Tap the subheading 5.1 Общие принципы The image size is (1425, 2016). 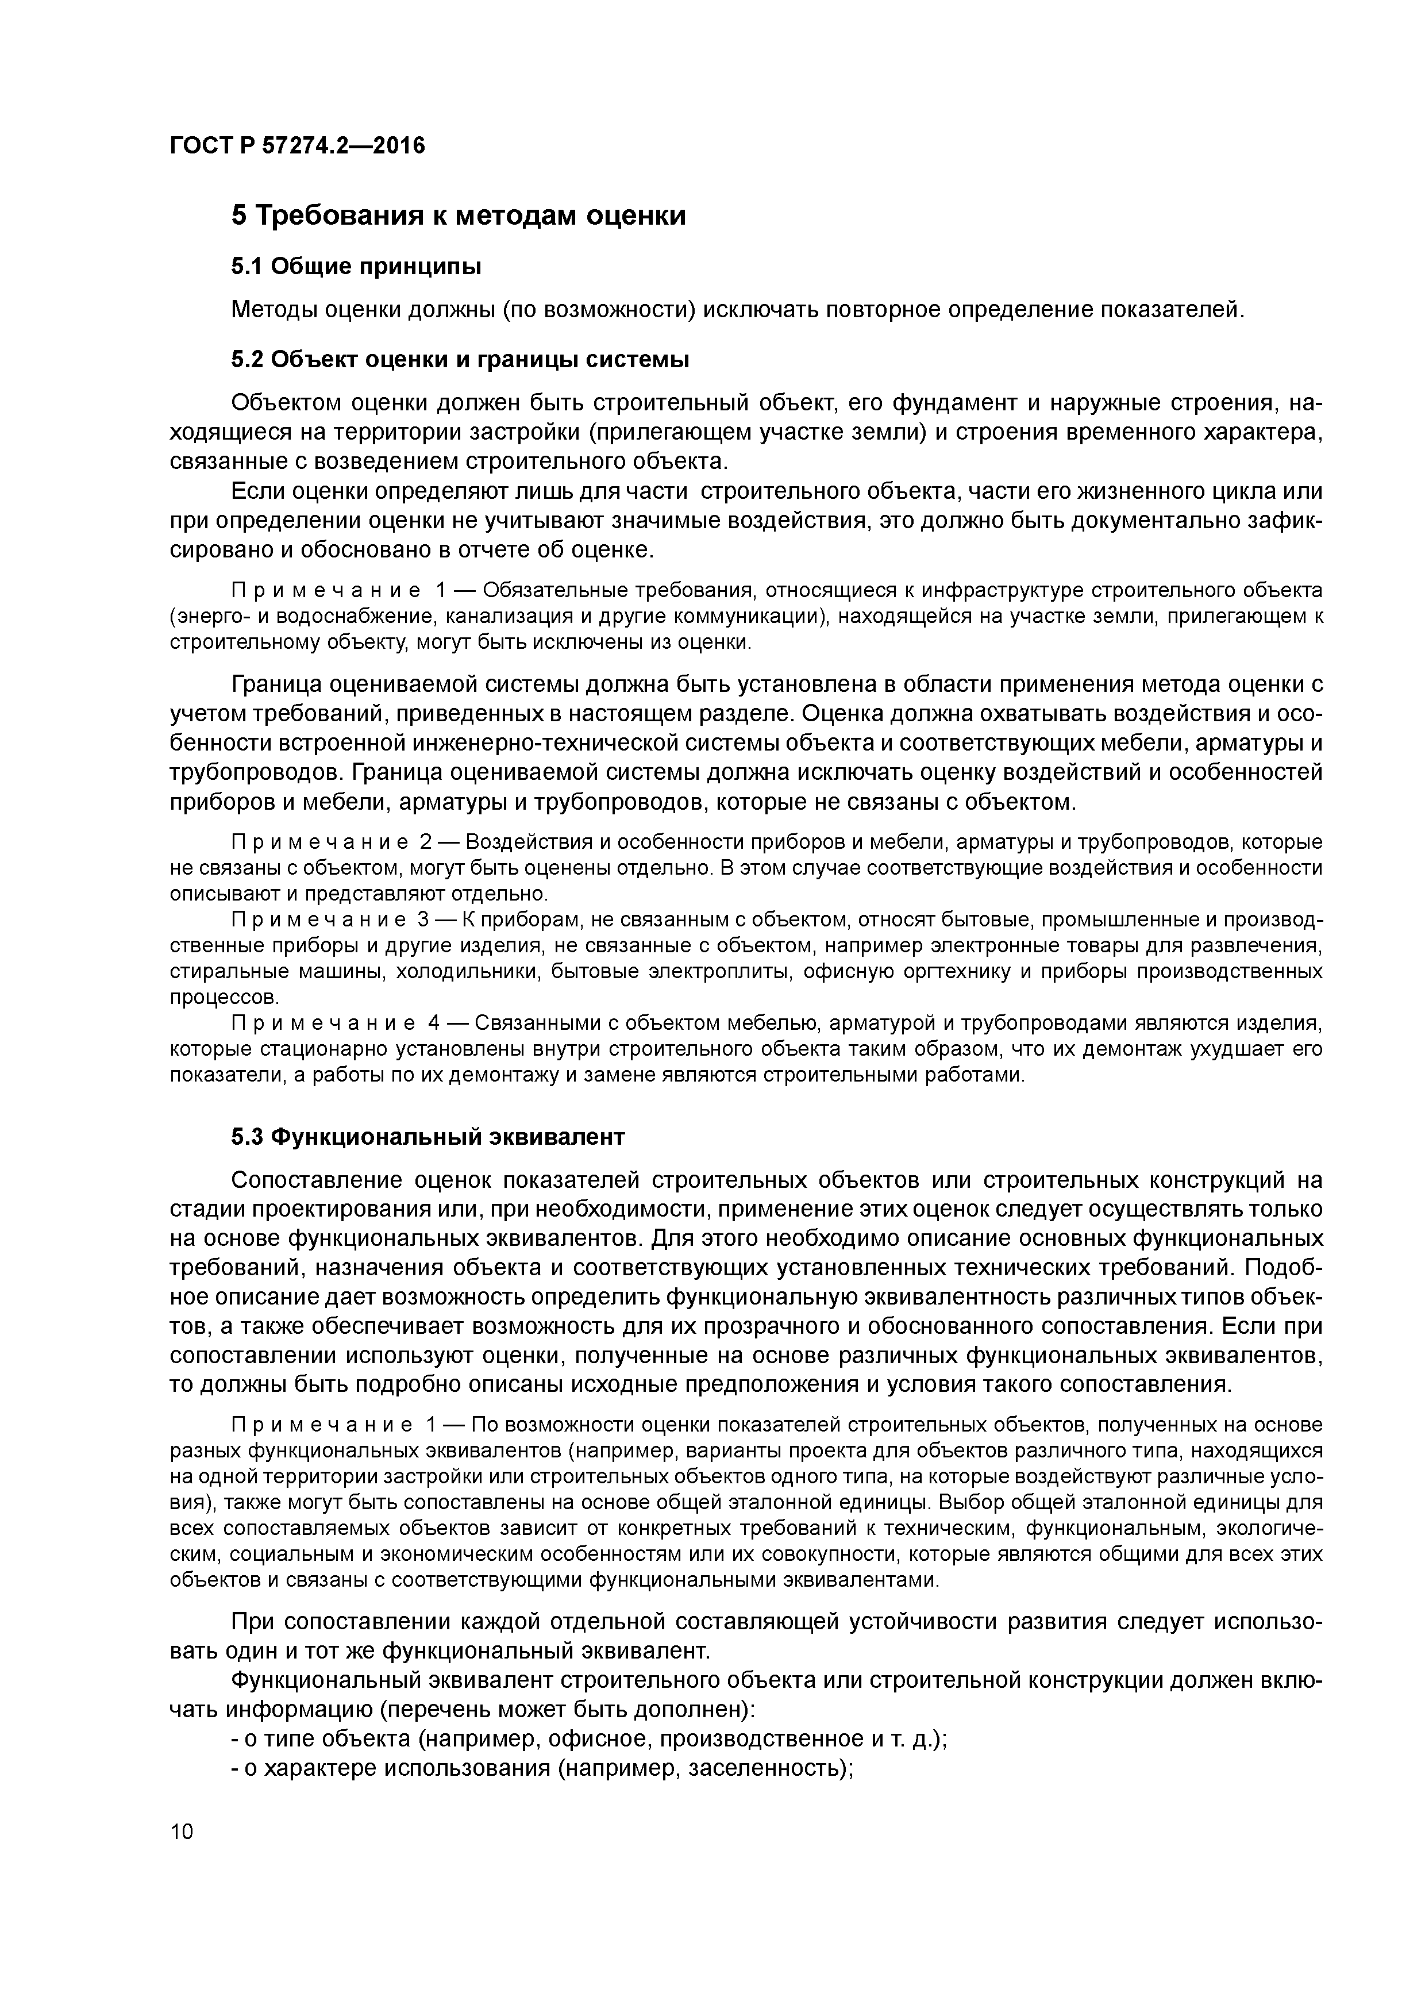[x=356, y=266]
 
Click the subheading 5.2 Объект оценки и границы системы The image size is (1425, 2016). [x=459, y=359]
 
